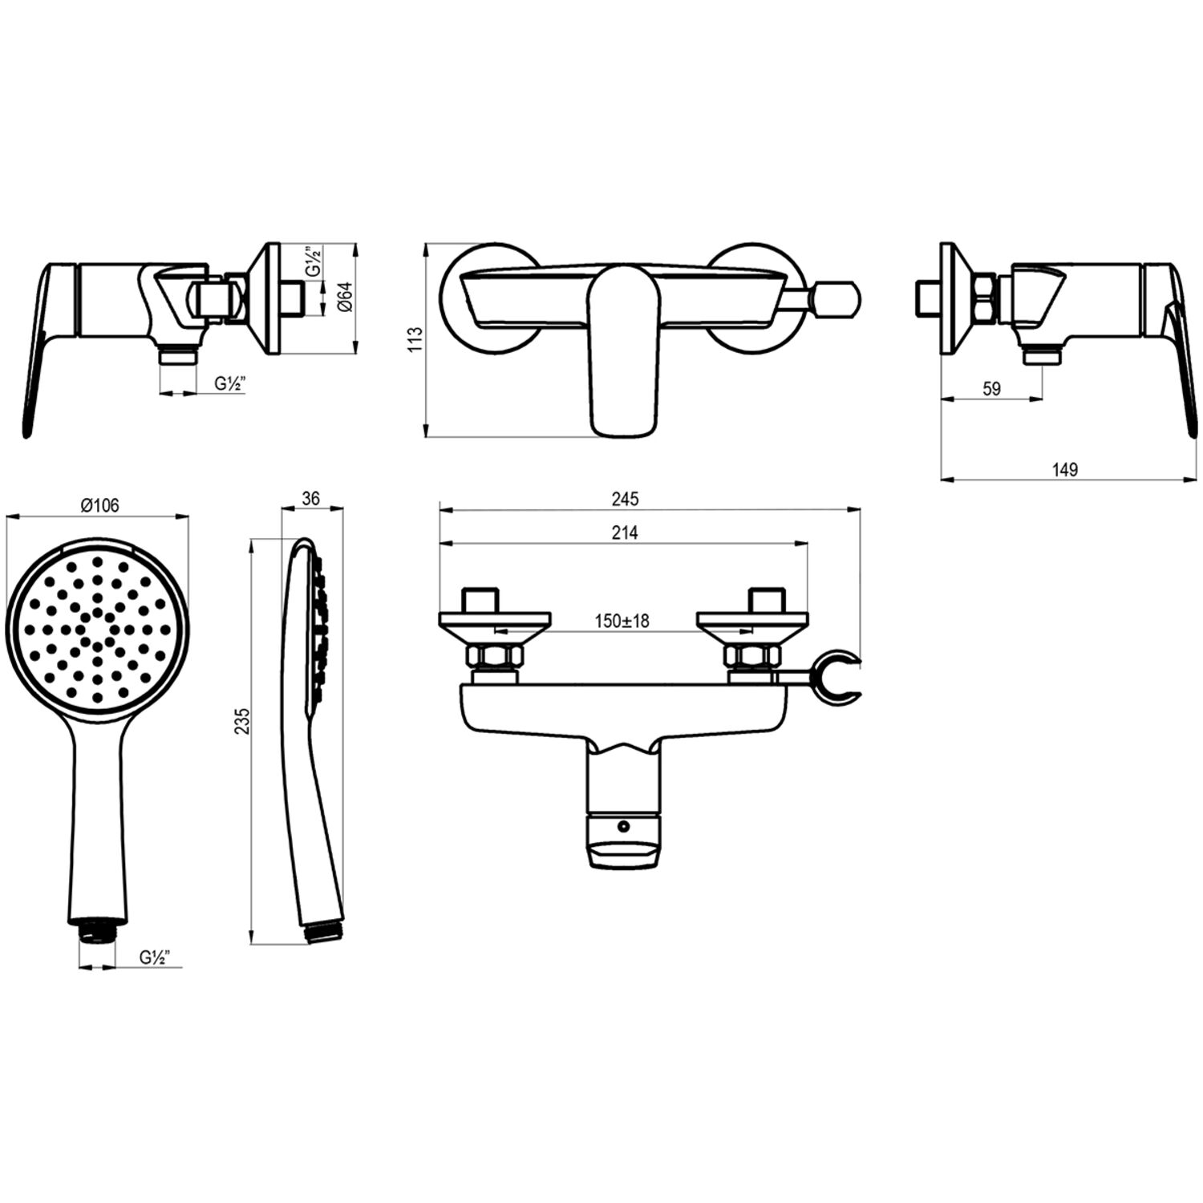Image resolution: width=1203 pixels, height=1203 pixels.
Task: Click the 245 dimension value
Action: (625, 499)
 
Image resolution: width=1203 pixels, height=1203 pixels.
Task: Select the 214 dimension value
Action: (625, 533)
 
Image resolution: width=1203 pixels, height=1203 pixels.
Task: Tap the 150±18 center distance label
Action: (622, 621)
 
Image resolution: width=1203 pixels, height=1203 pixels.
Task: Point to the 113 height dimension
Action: (415, 341)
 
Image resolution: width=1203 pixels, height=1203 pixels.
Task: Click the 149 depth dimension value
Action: (1065, 470)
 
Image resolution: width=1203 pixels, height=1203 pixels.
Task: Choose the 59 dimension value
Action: (992, 388)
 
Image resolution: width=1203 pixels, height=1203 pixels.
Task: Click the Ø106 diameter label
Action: (99, 505)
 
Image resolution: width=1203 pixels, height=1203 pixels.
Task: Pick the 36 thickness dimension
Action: (311, 498)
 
